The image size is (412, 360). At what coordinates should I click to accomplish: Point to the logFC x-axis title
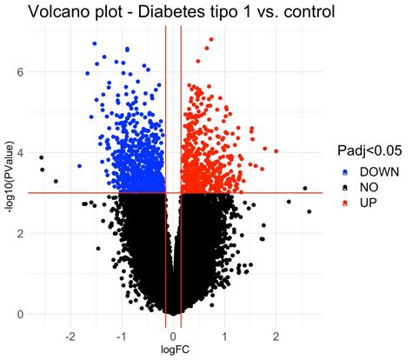coord(173,350)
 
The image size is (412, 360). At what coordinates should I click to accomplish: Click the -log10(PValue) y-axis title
coord(10,170)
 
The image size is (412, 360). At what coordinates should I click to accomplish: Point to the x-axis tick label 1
coord(225,335)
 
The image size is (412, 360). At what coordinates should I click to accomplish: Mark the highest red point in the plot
coord(211,39)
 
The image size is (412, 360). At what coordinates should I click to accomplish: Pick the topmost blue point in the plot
coord(95,43)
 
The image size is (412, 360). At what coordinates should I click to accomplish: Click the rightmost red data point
coord(276,151)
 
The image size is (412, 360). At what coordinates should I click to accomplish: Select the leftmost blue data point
coord(79,165)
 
